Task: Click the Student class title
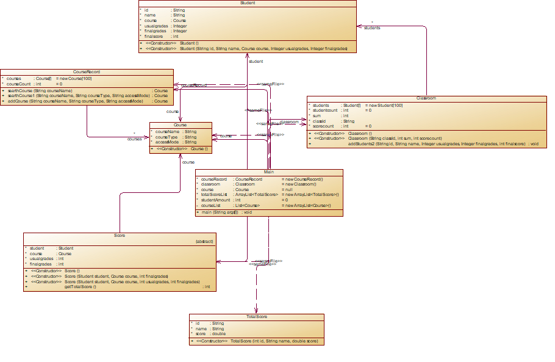pos(248,3)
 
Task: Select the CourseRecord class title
pos(86,72)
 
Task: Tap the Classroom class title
pos(426,98)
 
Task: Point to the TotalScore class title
pos(257,317)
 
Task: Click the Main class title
pos(269,172)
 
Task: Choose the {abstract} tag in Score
pos(204,242)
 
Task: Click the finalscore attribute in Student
pos(153,37)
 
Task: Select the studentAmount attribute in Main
pos(215,200)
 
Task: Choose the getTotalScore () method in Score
pos(81,287)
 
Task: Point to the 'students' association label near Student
pos(372,28)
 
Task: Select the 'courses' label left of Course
pos(134,139)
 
